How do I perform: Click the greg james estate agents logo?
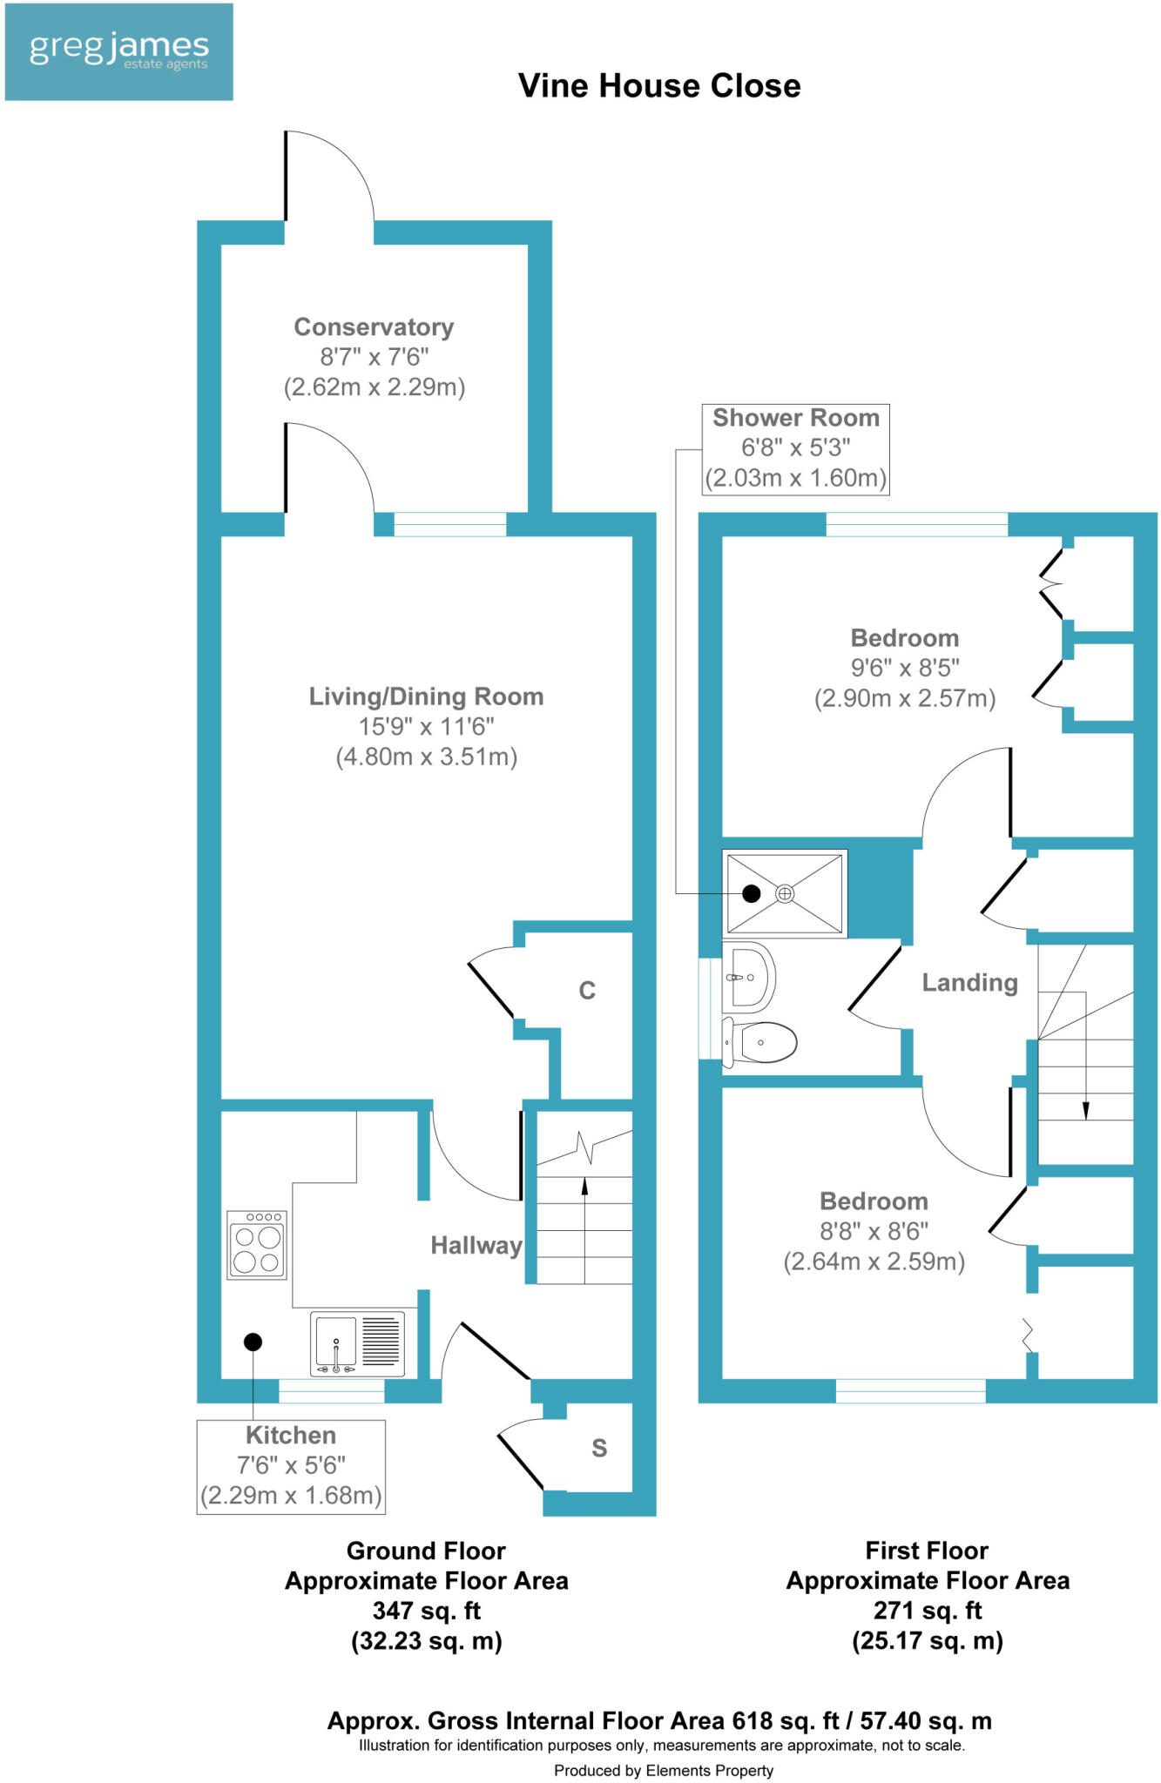119,52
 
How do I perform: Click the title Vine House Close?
659,86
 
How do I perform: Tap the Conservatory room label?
374,327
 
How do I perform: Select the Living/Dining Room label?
426,696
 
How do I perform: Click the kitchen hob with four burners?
257,1246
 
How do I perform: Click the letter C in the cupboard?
587,991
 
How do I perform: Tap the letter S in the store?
599,1448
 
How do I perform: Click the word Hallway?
476,1246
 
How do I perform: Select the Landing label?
969,983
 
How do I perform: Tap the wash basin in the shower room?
748,977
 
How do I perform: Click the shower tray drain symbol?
785,893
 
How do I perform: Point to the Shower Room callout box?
795,448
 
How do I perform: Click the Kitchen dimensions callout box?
291,1466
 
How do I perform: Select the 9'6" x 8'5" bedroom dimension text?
905,668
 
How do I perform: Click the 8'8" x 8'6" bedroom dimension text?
874,1231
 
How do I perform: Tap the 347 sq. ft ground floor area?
426,1611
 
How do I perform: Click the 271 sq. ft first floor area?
927,1611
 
